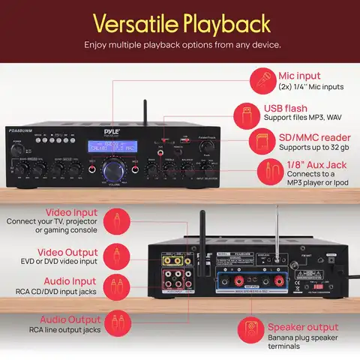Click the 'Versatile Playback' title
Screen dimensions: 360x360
coord(180,23)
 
